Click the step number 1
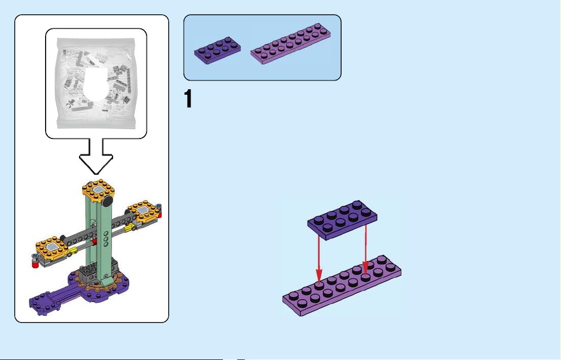(x=188, y=98)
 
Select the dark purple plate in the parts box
(x=217, y=51)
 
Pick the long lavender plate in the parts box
(x=290, y=44)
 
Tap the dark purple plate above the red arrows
(x=342, y=220)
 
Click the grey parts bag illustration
(x=96, y=83)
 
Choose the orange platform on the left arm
(x=52, y=247)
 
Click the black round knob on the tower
(x=106, y=202)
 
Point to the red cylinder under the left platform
(x=35, y=264)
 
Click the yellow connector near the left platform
(x=73, y=250)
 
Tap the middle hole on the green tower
(x=106, y=238)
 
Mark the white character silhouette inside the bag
(x=96, y=84)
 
